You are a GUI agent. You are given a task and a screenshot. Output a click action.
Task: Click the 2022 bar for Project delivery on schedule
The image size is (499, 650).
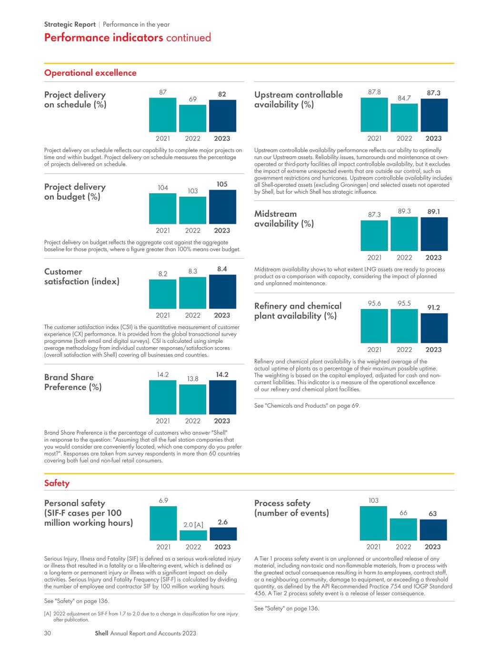click(x=192, y=118)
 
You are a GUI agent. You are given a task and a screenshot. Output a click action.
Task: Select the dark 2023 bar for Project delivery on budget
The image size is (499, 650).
click(x=222, y=207)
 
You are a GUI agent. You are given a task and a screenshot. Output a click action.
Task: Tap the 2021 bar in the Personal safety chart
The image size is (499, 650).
click(x=163, y=523)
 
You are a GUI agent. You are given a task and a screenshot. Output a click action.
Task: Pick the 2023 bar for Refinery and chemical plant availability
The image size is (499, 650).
click(x=434, y=328)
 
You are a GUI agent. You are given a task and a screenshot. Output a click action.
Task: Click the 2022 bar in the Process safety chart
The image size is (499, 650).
click(x=403, y=529)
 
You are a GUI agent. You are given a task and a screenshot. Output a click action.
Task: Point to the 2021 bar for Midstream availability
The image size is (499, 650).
click(x=374, y=236)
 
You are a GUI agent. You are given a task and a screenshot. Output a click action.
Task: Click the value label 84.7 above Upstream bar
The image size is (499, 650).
click(x=404, y=98)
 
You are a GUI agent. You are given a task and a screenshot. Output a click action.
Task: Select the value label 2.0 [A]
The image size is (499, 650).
click(x=193, y=525)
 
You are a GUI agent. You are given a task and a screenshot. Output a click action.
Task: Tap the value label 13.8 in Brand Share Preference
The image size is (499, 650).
click(x=192, y=379)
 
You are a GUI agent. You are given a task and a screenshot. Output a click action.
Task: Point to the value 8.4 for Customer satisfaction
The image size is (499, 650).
click(x=222, y=269)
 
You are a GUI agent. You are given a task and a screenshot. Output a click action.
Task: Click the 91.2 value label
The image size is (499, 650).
click(x=433, y=308)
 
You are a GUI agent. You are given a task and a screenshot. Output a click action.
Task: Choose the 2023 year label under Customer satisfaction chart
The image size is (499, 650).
click(x=222, y=315)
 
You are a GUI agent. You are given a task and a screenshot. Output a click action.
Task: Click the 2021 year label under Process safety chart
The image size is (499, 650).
click(x=373, y=547)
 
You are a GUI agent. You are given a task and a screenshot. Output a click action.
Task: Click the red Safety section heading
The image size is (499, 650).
click(x=57, y=483)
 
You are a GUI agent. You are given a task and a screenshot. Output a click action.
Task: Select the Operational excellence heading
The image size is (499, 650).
click(x=90, y=73)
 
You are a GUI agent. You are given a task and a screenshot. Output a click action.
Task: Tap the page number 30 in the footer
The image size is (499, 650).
click(x=48, y=633)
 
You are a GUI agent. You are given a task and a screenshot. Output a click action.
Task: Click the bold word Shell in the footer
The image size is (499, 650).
click(x=101, y=633)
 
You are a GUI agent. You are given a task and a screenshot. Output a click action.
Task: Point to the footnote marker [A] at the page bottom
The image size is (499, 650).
click(x=48, y=613)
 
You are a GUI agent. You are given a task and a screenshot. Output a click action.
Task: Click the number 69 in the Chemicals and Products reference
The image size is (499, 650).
click(x=355, y=406)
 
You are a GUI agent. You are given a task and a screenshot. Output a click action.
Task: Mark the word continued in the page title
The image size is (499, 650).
click(x=189, y=38)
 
